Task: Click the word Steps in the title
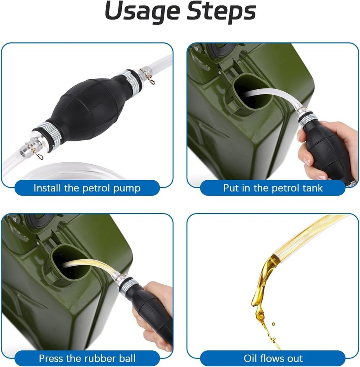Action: coord(221,11)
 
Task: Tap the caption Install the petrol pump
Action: coord(87,188)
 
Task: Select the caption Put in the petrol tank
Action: coord(273,188)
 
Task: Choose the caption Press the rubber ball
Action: coord(87,358)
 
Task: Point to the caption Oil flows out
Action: coord(273,358)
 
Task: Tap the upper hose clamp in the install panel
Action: coord(147,75)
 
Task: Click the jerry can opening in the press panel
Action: coord(70,265)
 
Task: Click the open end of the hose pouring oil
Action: coord(276,255)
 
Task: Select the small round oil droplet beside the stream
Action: coord(273,324)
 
